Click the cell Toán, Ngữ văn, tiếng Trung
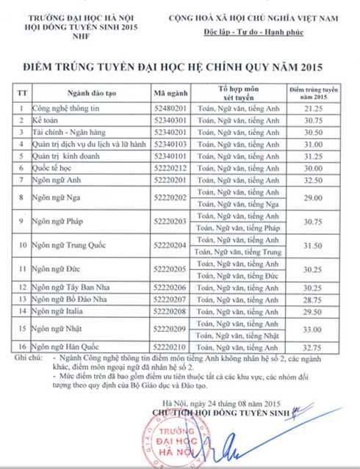point(238,252)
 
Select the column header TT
point(21,93)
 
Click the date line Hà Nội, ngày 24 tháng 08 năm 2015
point(222,403)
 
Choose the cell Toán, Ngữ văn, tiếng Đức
point(238,275)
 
